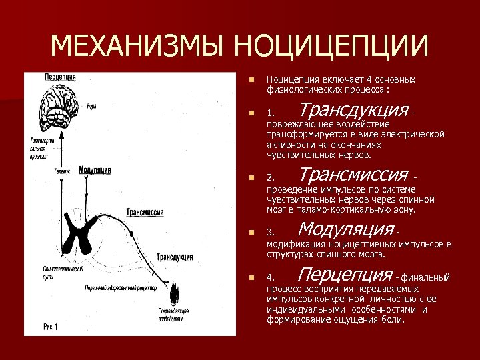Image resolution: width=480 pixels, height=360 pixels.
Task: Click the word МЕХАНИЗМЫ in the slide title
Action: pos(137,47)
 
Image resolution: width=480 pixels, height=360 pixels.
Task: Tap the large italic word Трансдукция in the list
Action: pos(353,109)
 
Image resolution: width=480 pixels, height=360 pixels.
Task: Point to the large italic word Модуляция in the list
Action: pos(346,230)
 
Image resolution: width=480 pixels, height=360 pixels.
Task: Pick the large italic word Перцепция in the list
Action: pos(345,275)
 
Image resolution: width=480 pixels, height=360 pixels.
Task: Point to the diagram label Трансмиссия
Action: pos(145,212)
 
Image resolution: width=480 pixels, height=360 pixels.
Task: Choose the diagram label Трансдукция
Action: pos(175,257)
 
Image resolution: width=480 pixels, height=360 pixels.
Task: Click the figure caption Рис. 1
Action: pos(51,327)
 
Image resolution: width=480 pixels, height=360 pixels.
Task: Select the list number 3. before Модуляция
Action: pos(271,233)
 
